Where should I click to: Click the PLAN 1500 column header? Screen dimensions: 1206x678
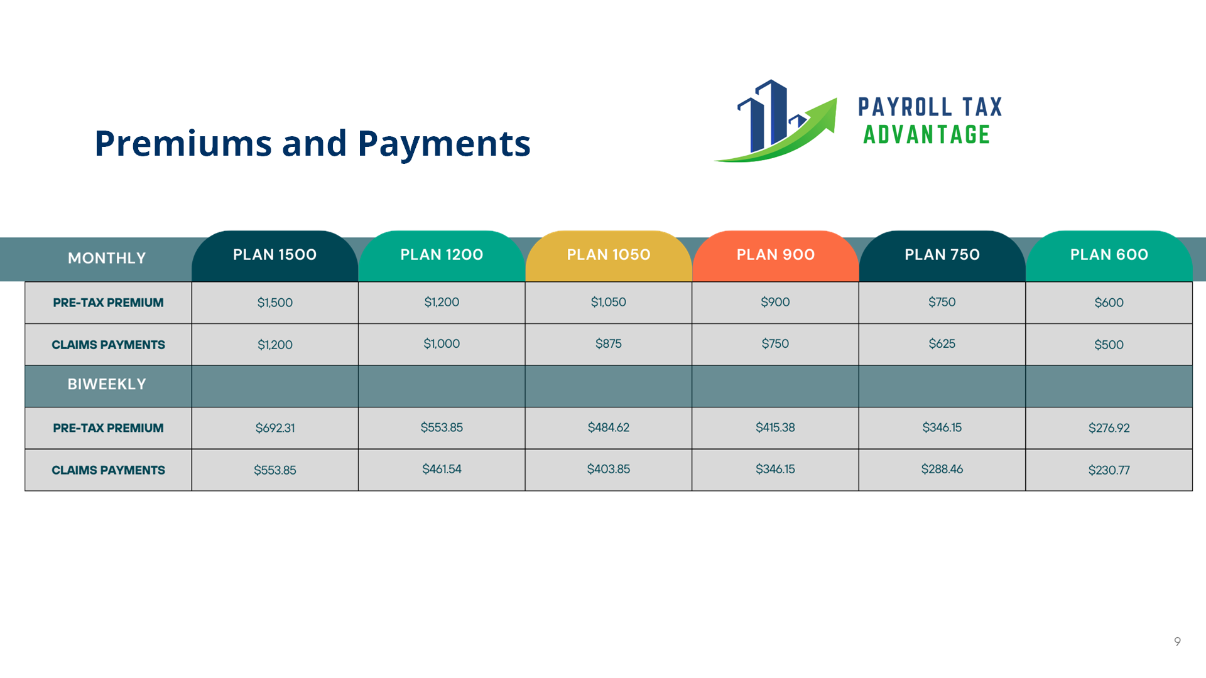pos(274,256)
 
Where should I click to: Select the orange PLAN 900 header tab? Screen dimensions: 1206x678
pos(775,256)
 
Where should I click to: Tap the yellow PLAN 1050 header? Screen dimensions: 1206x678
pos(608,256)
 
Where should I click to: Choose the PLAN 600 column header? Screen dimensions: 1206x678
pos(1109,256)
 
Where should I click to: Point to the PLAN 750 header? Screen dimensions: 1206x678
pos(942,256)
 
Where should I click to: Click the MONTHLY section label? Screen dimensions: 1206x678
pos(107,258)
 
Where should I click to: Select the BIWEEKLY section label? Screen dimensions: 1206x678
pos(107,384)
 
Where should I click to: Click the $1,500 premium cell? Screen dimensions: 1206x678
pos(274,303)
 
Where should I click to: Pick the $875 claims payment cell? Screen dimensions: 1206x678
pos(608,344)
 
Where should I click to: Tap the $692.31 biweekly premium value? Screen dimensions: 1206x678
pos(274,428)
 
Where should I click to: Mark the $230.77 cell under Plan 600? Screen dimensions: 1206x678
pos(1109,470)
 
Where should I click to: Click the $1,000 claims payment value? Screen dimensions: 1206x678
pos(442,344)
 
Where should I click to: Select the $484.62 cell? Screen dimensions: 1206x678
pos(608,428)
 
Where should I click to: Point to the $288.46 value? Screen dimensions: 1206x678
pos(942,470)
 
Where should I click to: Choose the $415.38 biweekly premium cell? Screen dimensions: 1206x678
pos(775,428)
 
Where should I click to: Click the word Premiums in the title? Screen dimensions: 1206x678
pos(183,143)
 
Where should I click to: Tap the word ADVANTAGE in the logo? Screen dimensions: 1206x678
pos(926,135)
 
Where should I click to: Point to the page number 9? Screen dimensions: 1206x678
pos(1177,641)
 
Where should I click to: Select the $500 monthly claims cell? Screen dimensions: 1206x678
pos(1109,345)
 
